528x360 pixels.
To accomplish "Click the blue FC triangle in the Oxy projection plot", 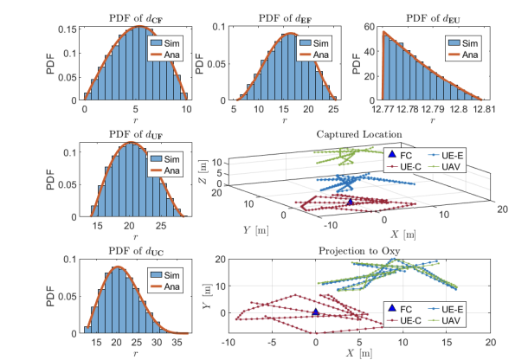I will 316,311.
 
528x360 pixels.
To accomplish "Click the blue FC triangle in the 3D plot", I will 350,201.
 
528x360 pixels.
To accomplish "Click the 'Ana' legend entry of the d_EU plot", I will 467,54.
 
